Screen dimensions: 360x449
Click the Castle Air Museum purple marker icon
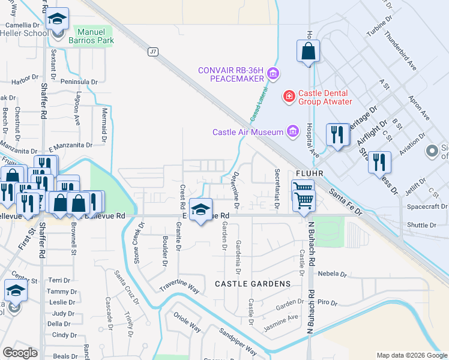pos(292,131)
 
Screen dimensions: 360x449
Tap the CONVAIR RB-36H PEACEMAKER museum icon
pos(274,74)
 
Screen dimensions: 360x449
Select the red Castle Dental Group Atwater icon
pos(289,95)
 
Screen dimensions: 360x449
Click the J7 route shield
pos(153,52)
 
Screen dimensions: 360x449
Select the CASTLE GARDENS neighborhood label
pos(252,283)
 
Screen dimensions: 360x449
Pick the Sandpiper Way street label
pos(238,341)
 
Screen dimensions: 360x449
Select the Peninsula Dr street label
pos(78,82)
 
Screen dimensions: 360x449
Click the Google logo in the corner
pos(20,353)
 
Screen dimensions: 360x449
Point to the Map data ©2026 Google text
pos(411,355)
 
